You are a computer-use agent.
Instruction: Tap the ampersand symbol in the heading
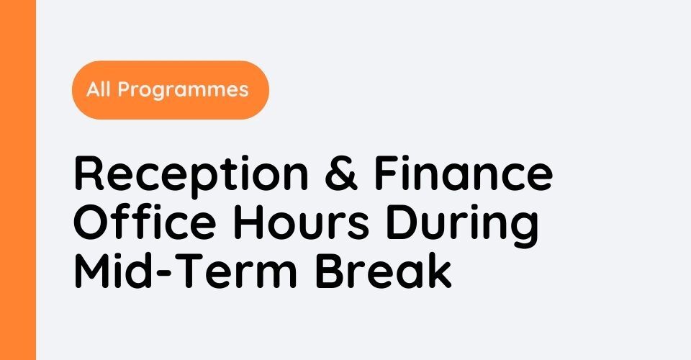pyautogui.click(x=340, y=174)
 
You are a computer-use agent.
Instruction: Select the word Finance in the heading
pyautogui.click(x=463, y=172)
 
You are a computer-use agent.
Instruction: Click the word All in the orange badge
pyautogui.click(x=99, y=89)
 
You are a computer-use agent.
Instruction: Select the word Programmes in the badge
pyautogui.click(x=183, y=91)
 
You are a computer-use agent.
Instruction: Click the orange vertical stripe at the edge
pyautogui.click(x=17, y=180)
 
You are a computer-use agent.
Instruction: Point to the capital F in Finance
pyautogui.click(x=388, y=174)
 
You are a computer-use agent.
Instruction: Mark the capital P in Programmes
pyautogui.click(x=124, y=89)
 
